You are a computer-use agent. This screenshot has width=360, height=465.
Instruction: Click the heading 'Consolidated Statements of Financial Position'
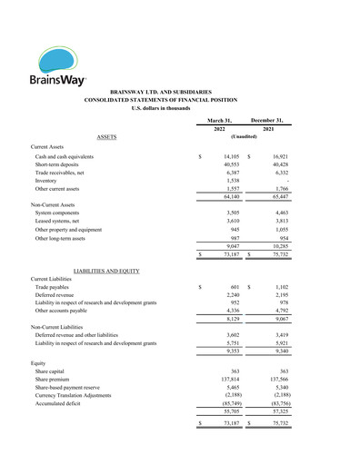click(x=180, y=100)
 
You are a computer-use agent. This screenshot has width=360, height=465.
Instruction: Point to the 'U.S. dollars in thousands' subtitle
click(x=179, y=108)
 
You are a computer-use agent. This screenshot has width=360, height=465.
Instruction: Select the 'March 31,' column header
click(x=219, y=120)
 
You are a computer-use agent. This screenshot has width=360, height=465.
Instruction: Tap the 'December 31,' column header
click(x=268, y=120)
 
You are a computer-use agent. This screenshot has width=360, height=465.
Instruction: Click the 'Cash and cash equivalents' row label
click(x=65, y=156)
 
